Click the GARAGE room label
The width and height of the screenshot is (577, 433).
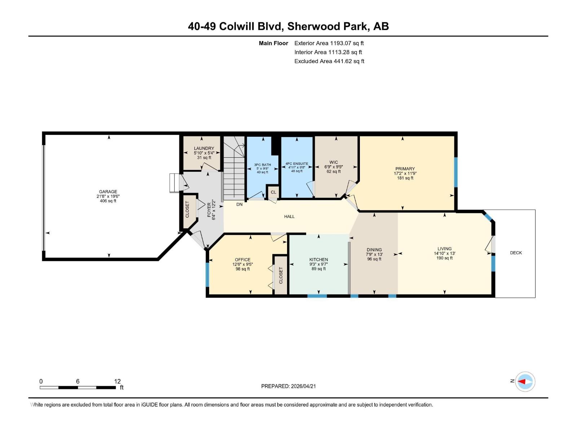(x=108, y=192)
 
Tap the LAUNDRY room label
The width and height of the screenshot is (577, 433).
(x=204, y=148)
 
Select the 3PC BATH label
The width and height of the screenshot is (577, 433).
(x=262, y=165)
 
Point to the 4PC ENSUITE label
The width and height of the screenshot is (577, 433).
(x=297, y=163)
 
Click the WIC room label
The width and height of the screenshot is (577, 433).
(x=334, y=162)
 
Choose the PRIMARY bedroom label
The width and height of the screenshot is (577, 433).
(x=405, y=169)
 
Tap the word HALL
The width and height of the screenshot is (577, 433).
(x=289, y=216)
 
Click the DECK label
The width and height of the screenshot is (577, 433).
(x=516, y=253)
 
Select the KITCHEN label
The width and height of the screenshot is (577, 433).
(x=318, y=259)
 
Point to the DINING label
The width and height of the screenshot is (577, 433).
(x=374, y=250)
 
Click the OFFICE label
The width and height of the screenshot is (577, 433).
(x=242, y=259)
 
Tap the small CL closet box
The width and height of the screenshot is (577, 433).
(x=273, y=192)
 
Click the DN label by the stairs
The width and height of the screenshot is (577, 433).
(x=239, y=204)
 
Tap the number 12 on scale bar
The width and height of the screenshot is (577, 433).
(x=117, y=381)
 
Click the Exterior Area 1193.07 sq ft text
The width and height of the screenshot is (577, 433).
(x=329, y=43)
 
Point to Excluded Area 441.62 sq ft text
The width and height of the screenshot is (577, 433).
(x=329, y=61)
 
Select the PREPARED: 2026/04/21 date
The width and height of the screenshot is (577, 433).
(x=288, y=386)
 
